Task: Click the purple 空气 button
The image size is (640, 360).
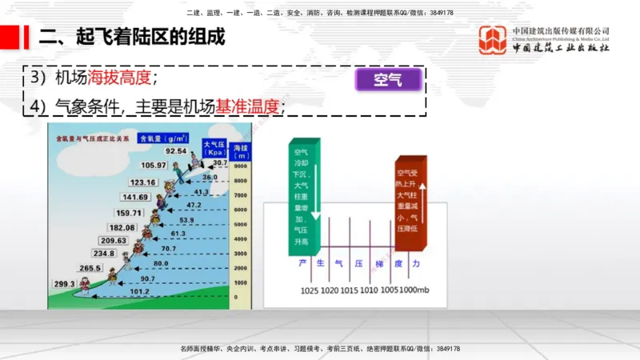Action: coord(386,80)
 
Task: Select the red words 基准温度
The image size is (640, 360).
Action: coord(249,106)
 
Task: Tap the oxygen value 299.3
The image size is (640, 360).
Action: coord(64,284)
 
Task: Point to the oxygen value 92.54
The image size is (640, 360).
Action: coord(176,150)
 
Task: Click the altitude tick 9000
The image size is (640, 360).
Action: coord(240,166)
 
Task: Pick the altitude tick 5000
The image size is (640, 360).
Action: coord(240,224)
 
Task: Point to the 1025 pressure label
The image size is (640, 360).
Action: coord(310,290)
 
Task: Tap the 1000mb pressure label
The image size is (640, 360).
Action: coord(415,290)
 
